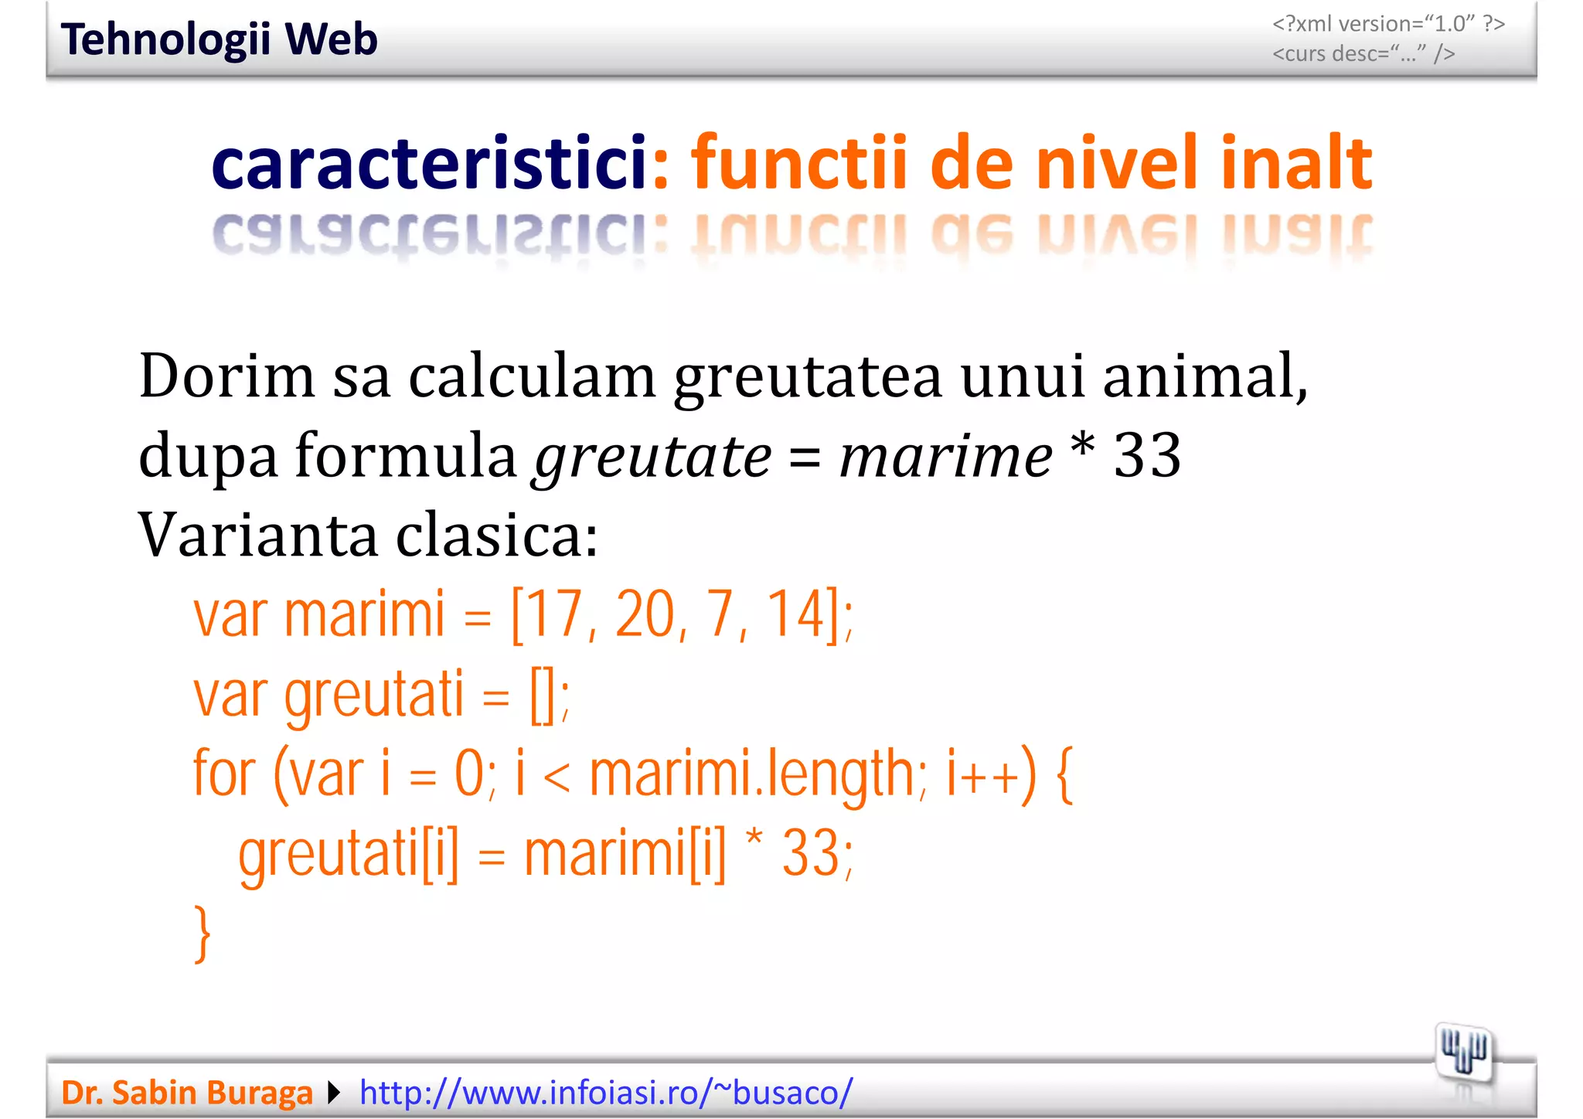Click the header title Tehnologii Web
click(x=219, y=39)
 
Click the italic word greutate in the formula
click(x=652, y=457)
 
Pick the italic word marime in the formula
click(x=945, y=457)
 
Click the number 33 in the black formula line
click(x=1147, y=455)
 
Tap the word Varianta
click(x=258, y=535)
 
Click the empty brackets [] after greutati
click(x=543, y=695)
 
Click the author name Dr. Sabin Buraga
click(x=186, y=1093)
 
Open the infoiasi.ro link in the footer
click(x=606, y=1093)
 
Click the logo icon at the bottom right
click(x=1462, y=1053)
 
